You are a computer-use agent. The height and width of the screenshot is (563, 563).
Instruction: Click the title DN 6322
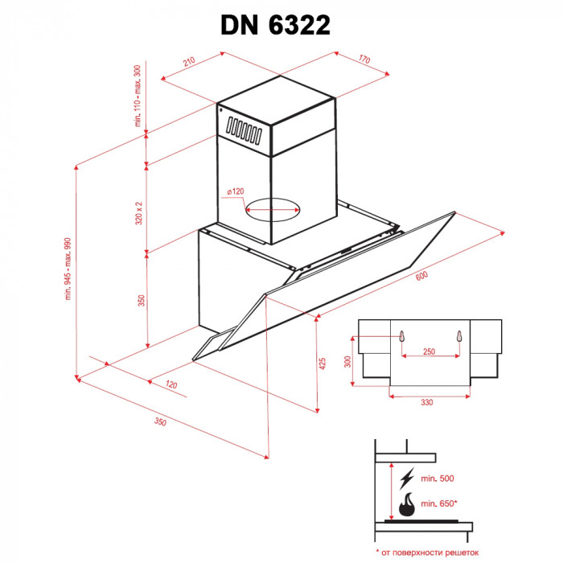(275, 25)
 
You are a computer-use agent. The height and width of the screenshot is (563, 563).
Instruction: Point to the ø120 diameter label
(235, 191)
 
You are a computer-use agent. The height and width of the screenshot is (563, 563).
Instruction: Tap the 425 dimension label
(323, 364)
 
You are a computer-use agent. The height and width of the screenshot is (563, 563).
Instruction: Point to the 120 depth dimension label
(171, 384)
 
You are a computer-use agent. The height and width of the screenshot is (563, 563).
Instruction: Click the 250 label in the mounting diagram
(429, 352)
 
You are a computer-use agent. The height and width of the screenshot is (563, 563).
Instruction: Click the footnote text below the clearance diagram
(426, 552)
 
